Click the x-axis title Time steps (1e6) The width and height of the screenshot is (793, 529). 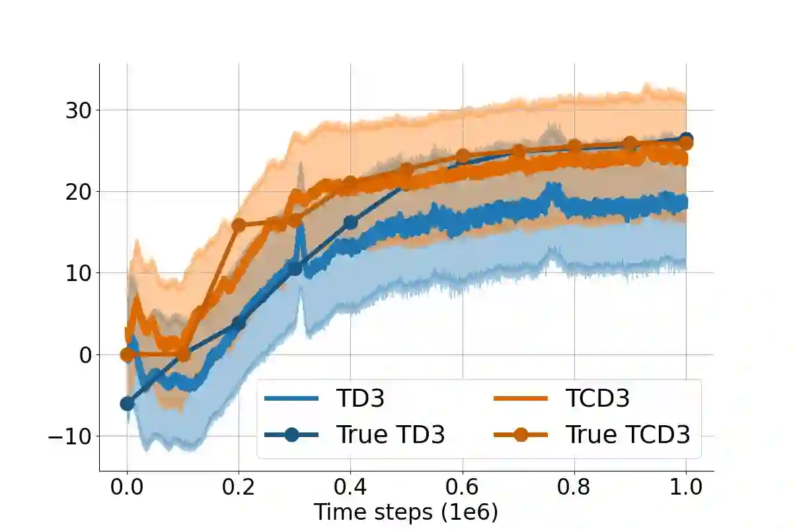tap(405, 512)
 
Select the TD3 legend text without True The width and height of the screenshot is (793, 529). tap(360, 399)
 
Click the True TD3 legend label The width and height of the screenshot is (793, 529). tap(390, 434)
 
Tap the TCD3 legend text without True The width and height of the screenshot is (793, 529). tap(597, 399)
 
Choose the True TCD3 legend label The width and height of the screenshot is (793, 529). tap(627, 434)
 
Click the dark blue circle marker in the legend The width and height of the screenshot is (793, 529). tap(291, 434)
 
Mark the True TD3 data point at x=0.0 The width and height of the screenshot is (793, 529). tap(127, 403)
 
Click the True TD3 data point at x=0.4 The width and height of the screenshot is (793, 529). tap(351, 223)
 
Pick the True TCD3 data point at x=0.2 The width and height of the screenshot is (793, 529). tap(239, 225)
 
